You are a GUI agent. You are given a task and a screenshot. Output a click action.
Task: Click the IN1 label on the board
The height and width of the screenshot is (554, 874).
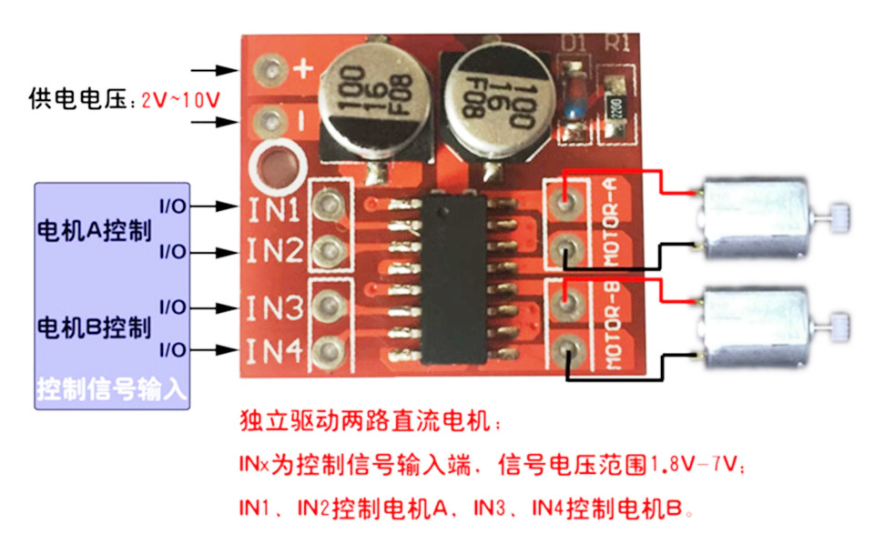[x=275, y=210]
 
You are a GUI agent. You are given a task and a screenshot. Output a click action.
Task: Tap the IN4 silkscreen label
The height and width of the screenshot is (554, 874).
[x=275, y=349]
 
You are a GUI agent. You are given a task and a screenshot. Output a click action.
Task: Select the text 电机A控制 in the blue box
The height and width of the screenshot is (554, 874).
[x=93, y=229]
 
